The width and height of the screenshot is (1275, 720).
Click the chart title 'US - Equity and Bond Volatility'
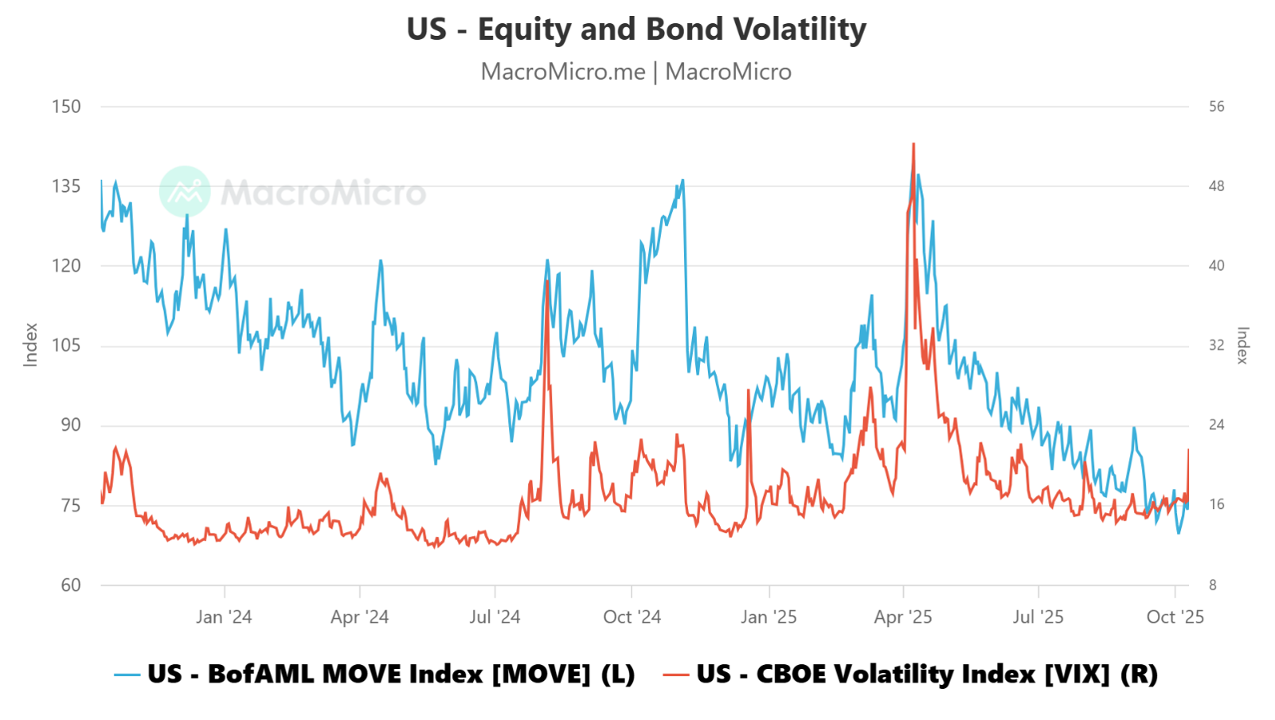(636, 29)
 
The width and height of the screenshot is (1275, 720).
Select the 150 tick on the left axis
(67, 107)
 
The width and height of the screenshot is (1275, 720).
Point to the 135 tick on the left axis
(67, 186)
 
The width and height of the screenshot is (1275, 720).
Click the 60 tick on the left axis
(71, 585)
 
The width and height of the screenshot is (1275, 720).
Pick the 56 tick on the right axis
(1216, 107)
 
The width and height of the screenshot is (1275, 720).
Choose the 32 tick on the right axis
(1216, 346)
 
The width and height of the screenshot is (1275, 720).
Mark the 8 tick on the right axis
(1213, 585)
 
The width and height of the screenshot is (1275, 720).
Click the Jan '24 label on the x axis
(224, 617)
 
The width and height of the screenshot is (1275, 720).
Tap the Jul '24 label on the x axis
(495, 617)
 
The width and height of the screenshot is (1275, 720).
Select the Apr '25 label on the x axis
(903, 617)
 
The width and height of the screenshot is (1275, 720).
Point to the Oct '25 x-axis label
(1175, 617)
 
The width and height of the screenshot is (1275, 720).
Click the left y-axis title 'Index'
(31, 345)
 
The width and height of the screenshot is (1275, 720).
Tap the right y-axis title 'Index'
(1242, 345)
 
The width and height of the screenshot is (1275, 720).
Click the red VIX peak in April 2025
(913, 145)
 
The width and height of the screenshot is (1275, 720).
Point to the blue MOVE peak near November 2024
(682, 181)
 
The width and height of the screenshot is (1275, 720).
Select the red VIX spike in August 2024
(548, 282)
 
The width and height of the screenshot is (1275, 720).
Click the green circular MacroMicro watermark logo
(185, 192)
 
